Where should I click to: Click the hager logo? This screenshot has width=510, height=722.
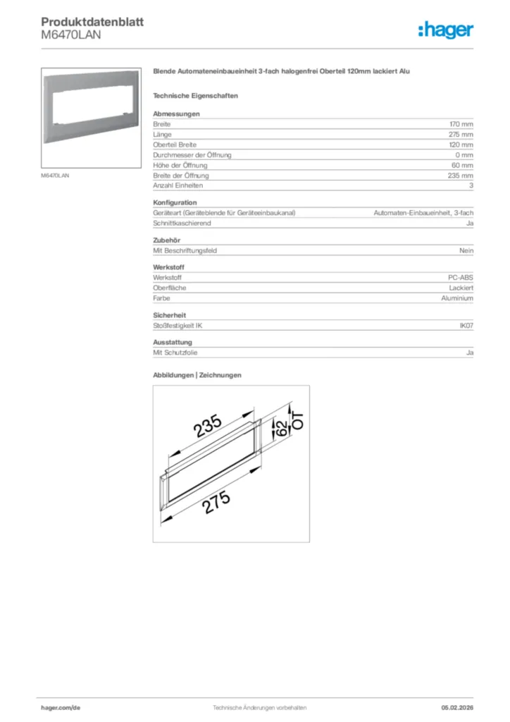(x=445, y=30)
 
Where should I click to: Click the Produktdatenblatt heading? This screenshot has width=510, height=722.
(x=92, y=22)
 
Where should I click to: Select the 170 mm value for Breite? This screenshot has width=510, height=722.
(x=461, y=124)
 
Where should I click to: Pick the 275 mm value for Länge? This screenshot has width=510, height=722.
(x=461, y=134)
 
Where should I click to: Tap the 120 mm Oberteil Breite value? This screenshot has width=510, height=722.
(x=461, y=145)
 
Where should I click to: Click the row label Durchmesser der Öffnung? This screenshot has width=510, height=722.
(x=192, y=154)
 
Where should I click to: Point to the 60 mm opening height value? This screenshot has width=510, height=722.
(x=463, y=165)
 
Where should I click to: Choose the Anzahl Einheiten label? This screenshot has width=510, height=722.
(x=178, y=185)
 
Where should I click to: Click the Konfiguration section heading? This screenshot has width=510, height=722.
(x=175, y=202)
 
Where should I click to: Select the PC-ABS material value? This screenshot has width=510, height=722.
(x=461, y=278)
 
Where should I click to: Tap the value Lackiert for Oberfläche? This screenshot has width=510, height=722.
(x=461, y=288)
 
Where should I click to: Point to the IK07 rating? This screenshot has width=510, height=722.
(x=466, y=326)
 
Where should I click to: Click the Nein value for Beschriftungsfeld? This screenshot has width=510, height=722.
(x=466, y=250)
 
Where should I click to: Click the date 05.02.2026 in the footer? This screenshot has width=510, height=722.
(x=457, y=707)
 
